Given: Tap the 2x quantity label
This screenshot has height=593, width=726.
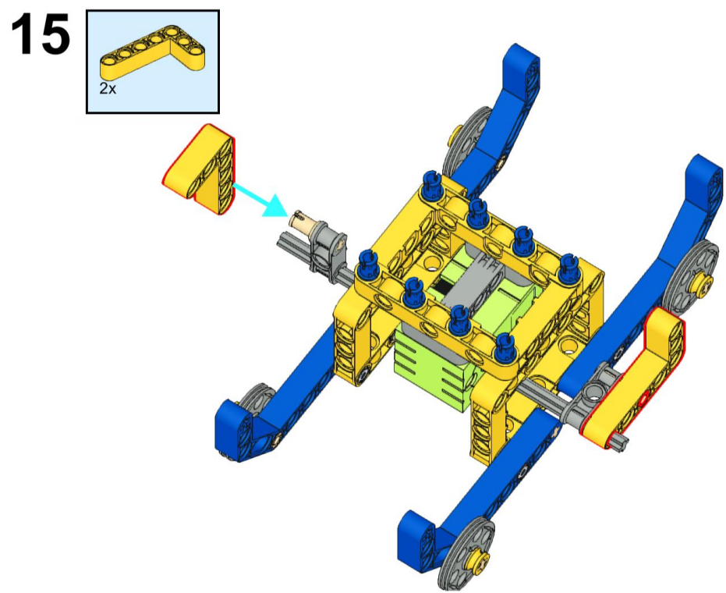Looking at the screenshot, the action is (108, 88).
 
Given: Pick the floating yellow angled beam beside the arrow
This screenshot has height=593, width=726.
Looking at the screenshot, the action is (200, 169).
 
